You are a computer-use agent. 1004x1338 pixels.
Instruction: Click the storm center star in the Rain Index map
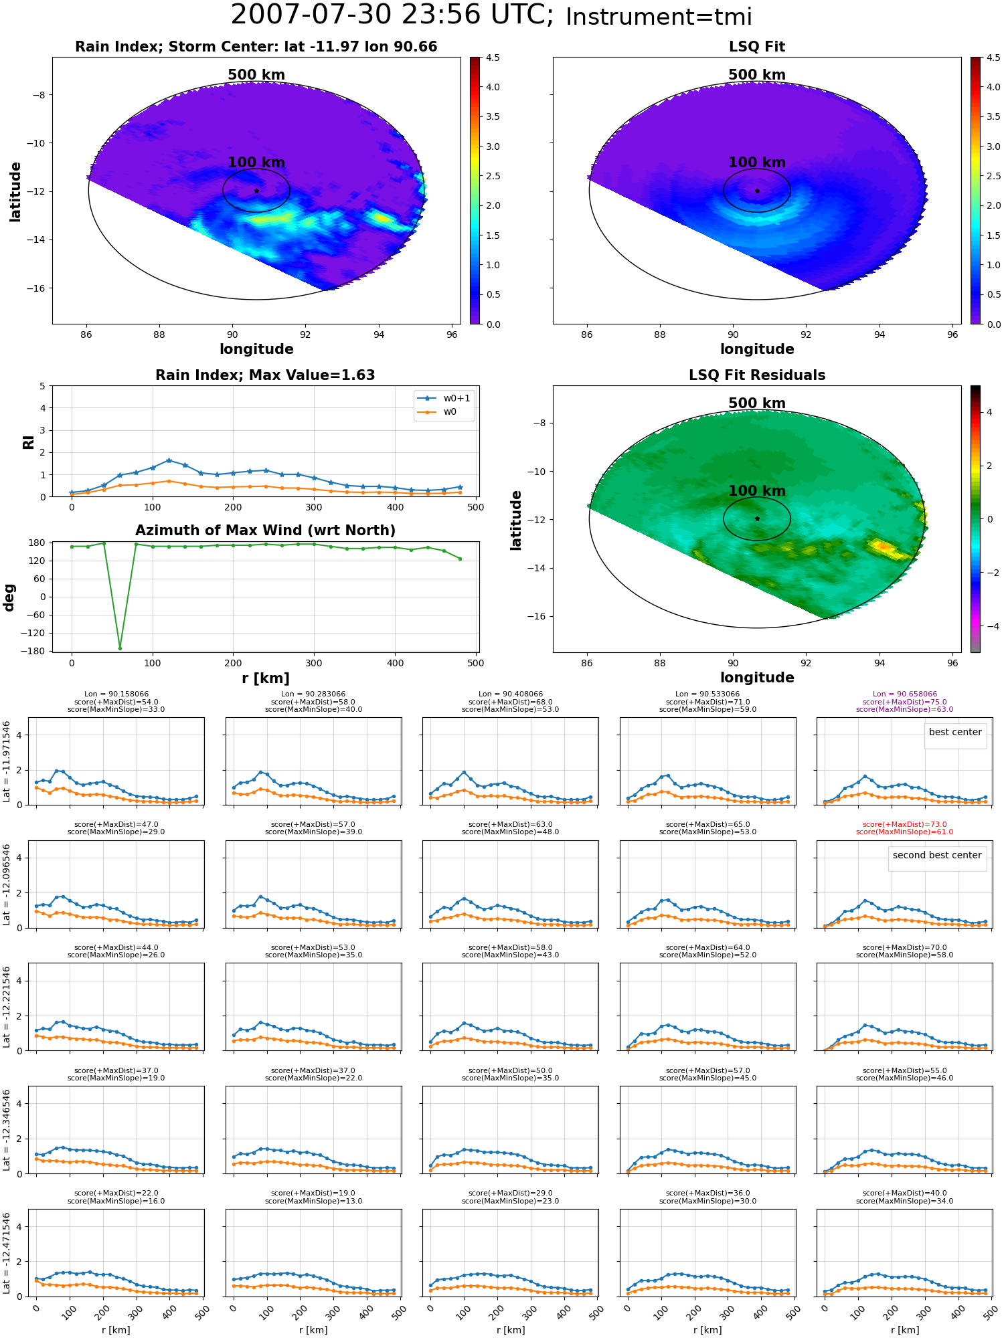pos(256,191)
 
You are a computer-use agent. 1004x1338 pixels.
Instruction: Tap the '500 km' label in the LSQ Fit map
pos(757,75)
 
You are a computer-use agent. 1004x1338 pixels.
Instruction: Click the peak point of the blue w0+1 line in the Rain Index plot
pos(169,460)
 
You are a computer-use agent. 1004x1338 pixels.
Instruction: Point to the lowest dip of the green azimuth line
pos(120,648)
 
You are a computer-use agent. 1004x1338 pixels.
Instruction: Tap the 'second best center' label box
pos(937,856)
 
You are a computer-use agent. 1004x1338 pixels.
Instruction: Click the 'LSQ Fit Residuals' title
pos(757,375)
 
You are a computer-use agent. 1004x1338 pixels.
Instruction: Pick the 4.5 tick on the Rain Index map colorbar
pos(492,58)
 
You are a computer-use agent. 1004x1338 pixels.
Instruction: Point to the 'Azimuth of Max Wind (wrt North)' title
pos(265,531)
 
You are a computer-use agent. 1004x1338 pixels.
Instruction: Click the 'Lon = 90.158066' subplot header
pos(116,694)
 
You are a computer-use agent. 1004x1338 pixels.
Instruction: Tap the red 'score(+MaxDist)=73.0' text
pos(904,825)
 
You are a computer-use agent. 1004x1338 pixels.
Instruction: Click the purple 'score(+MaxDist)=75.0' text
pos(904,702)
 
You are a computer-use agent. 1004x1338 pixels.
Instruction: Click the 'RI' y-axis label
pos(28,442)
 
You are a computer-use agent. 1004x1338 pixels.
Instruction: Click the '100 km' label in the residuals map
pos(757,491)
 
